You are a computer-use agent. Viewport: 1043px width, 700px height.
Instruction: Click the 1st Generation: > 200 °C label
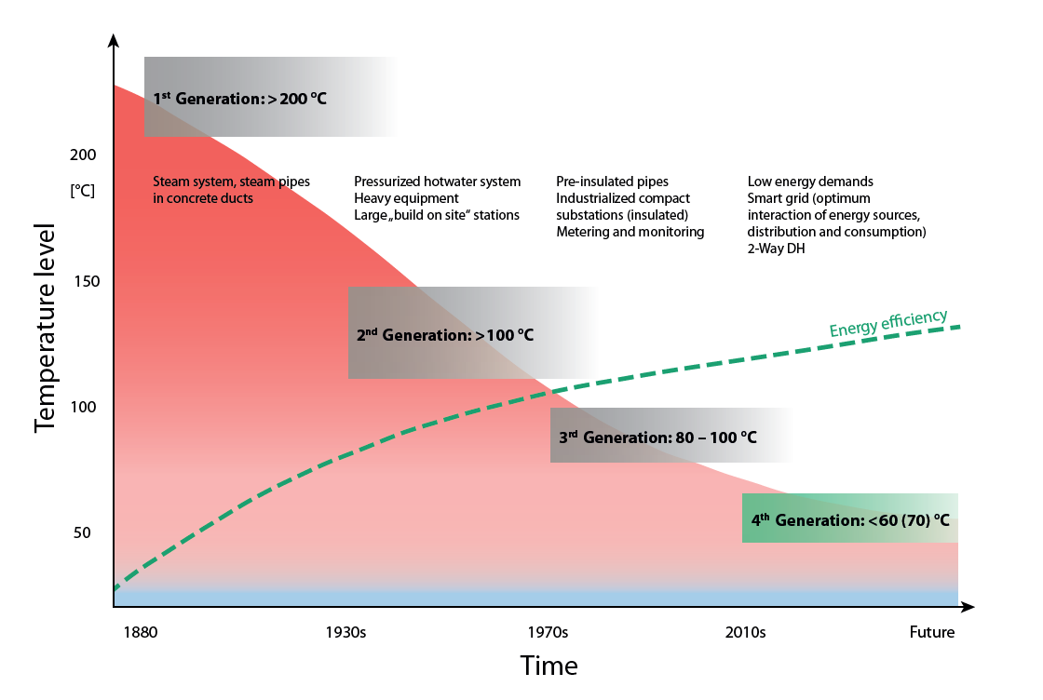point(239,98)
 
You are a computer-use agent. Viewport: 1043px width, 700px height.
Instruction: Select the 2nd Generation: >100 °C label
point(445,335)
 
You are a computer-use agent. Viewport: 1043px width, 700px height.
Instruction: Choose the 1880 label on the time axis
point(140,633)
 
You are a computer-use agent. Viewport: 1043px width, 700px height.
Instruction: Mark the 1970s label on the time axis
point(548,633)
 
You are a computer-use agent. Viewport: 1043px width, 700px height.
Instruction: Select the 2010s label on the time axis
point(745,633)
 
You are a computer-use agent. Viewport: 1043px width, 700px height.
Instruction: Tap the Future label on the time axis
point(932,633)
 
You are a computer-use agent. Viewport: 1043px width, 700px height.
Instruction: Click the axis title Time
point(549,666)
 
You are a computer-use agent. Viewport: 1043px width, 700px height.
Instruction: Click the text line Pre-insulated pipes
point(612,182)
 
